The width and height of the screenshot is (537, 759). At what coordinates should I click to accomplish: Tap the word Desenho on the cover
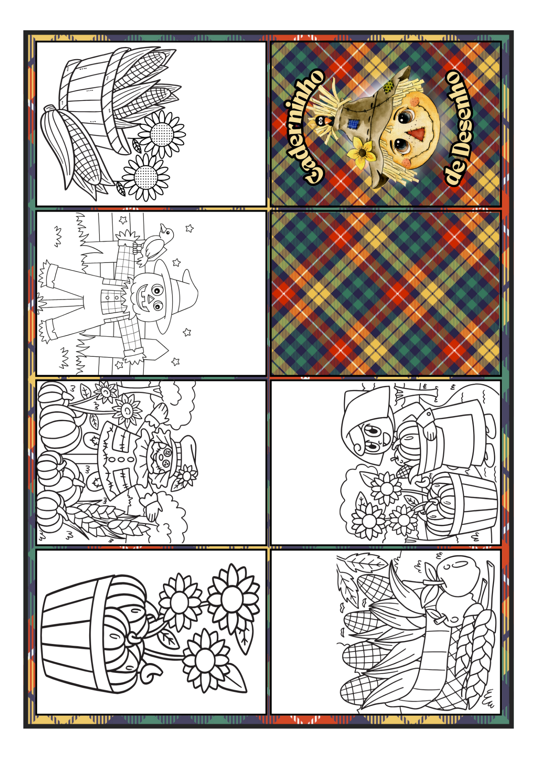pos(460,114)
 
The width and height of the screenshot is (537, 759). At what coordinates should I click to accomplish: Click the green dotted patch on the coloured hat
pos(388,88)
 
